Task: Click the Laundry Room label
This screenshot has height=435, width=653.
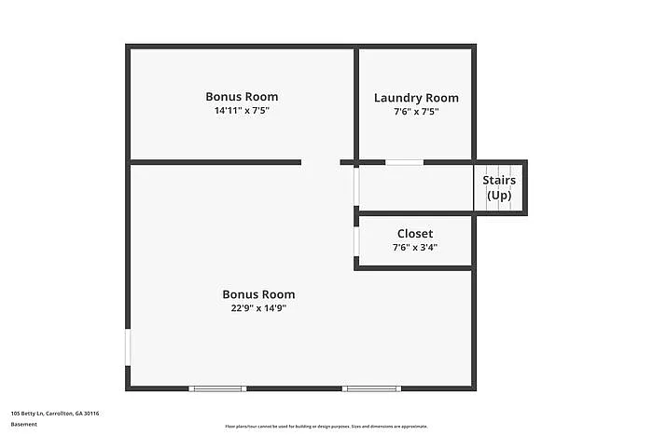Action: pyautogui.click(x=416, y=98)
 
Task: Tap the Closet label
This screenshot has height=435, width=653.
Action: pyautogui.click(x=415, y=234)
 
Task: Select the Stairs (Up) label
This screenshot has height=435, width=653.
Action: pyautogui.click(x=499, y=187)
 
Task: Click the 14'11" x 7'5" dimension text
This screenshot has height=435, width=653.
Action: pyautogui.click(x=242, y=111)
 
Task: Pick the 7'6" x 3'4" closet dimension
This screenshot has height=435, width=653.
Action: pyautogui.click(x=415, y=248)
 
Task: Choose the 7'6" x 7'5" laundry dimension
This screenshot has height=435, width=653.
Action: pyautogui.click(x=416, y=112)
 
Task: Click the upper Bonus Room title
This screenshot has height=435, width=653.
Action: pyautogui.click(x=242, y=97)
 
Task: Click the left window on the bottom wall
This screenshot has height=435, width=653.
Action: pyautogui.click(x=217, y=388)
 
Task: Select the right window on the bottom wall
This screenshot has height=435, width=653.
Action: pyautogui.click(x=371, y=388)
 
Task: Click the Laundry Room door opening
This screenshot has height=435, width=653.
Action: pyautogui.click(x=404, y=163)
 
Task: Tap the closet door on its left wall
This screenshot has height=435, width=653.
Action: pyautogui.click(x=356, y=240)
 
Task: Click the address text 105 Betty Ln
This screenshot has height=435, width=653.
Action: pyautogui.click(x=55, y=413)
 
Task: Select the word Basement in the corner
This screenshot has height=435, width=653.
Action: pyautogui.click(x=24, y=424)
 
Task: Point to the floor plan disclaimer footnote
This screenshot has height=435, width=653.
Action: pyautogui.click(x=326, y=427)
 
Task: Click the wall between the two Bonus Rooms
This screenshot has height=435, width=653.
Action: pyautogui.click(x=215, y=163)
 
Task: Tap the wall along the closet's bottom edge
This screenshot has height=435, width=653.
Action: pyautogui.click(x=413, y=268)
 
